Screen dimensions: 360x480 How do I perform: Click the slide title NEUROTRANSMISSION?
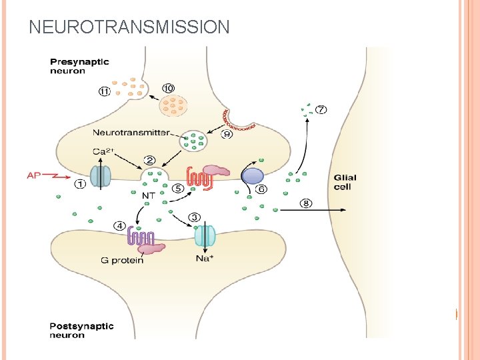point(129,27)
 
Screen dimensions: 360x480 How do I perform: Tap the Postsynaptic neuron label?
point(81,331)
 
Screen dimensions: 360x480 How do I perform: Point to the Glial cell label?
point(345,182)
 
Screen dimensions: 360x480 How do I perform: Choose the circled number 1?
point(80,185)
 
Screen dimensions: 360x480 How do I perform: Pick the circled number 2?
point(149,161)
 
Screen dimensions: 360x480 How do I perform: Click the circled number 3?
point(195,217)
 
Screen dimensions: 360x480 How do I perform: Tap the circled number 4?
point(120,225)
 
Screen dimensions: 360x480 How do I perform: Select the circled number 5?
point(178,189)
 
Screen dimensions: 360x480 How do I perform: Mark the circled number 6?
point(261,189)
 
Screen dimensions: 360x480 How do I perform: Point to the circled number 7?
point(321,110)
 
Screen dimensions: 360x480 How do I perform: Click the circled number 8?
point(306,203)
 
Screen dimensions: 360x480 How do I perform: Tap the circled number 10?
point(168,88)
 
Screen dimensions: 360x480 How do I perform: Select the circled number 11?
point(105,93)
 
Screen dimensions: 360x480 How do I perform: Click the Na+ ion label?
point(205,259)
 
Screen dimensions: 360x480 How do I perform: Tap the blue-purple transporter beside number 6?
point(253,175)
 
